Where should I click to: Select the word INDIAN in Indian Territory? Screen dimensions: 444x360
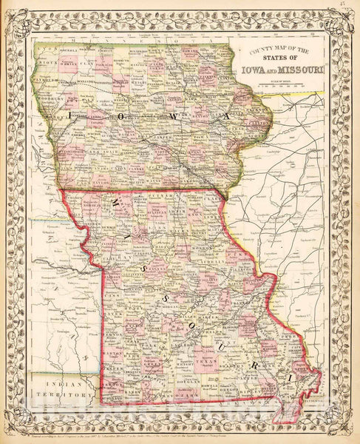[x=61, y=383]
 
